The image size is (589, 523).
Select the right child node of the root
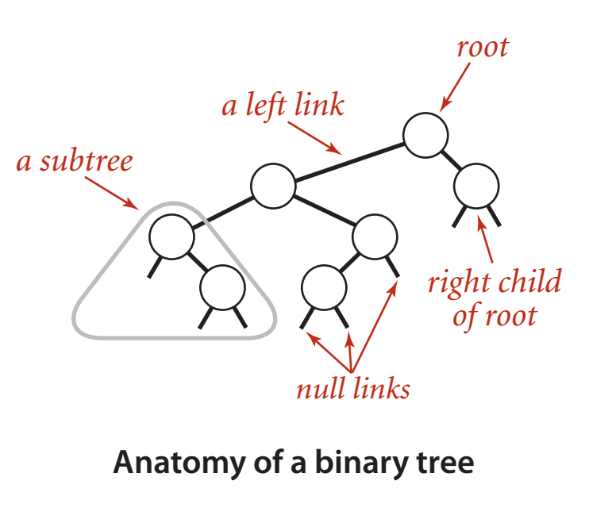coord(477,186)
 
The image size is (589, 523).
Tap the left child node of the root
coord(273,186)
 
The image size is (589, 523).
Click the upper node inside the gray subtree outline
coord(171,237)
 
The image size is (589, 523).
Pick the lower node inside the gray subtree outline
coord(221,287)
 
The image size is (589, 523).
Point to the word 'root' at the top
coord(482,47)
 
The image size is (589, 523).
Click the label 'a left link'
coord(283,105)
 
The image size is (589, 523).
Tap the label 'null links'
coord(353,389)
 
